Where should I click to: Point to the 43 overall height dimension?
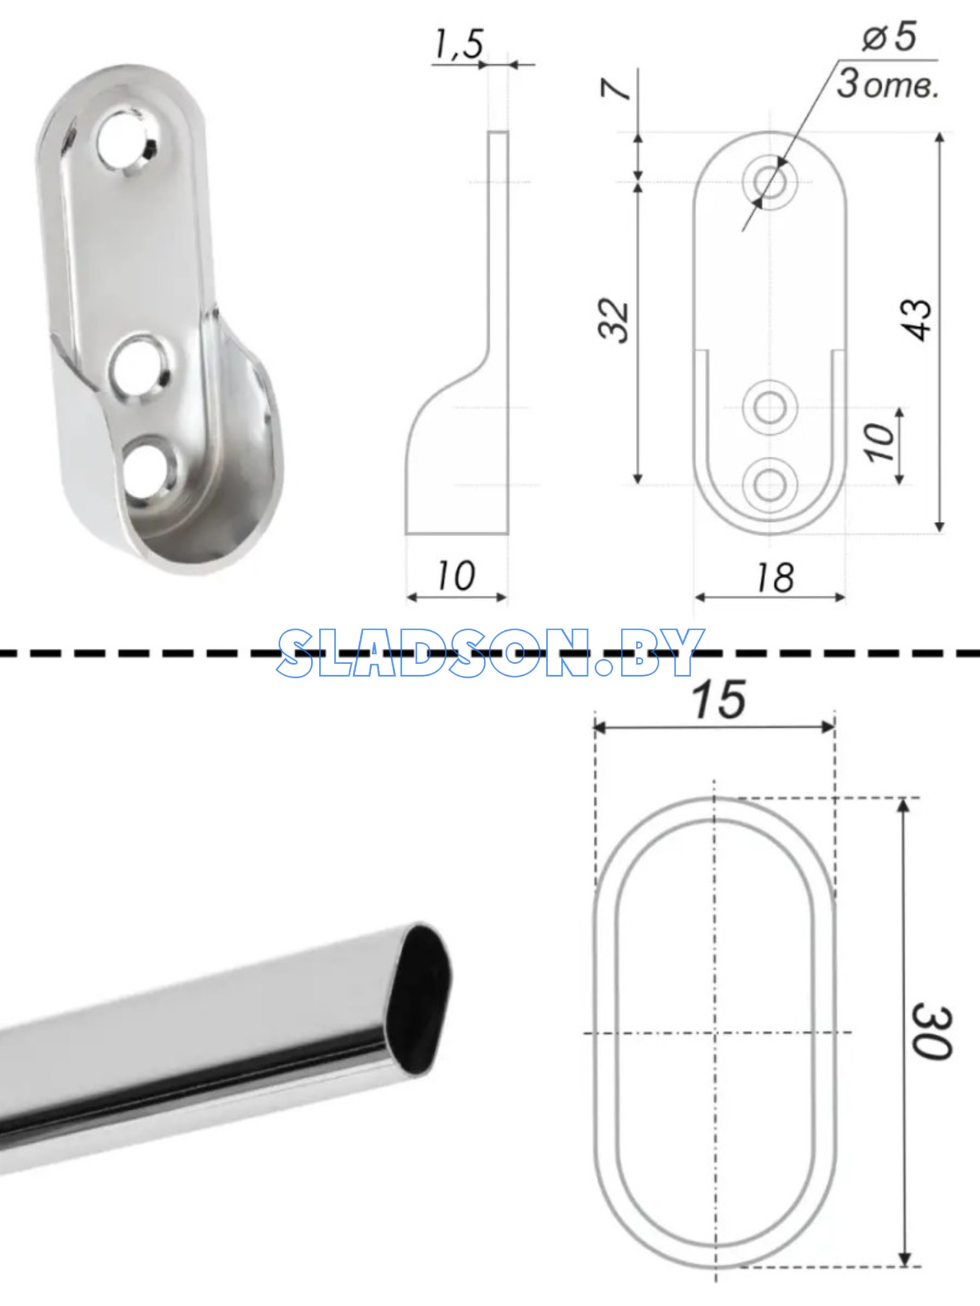pyautogui.click(x=916, y=319)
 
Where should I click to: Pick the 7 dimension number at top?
pyautogui.click(x=615, y=89)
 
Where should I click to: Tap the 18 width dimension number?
pyautogui.click(x=775, y=577)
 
